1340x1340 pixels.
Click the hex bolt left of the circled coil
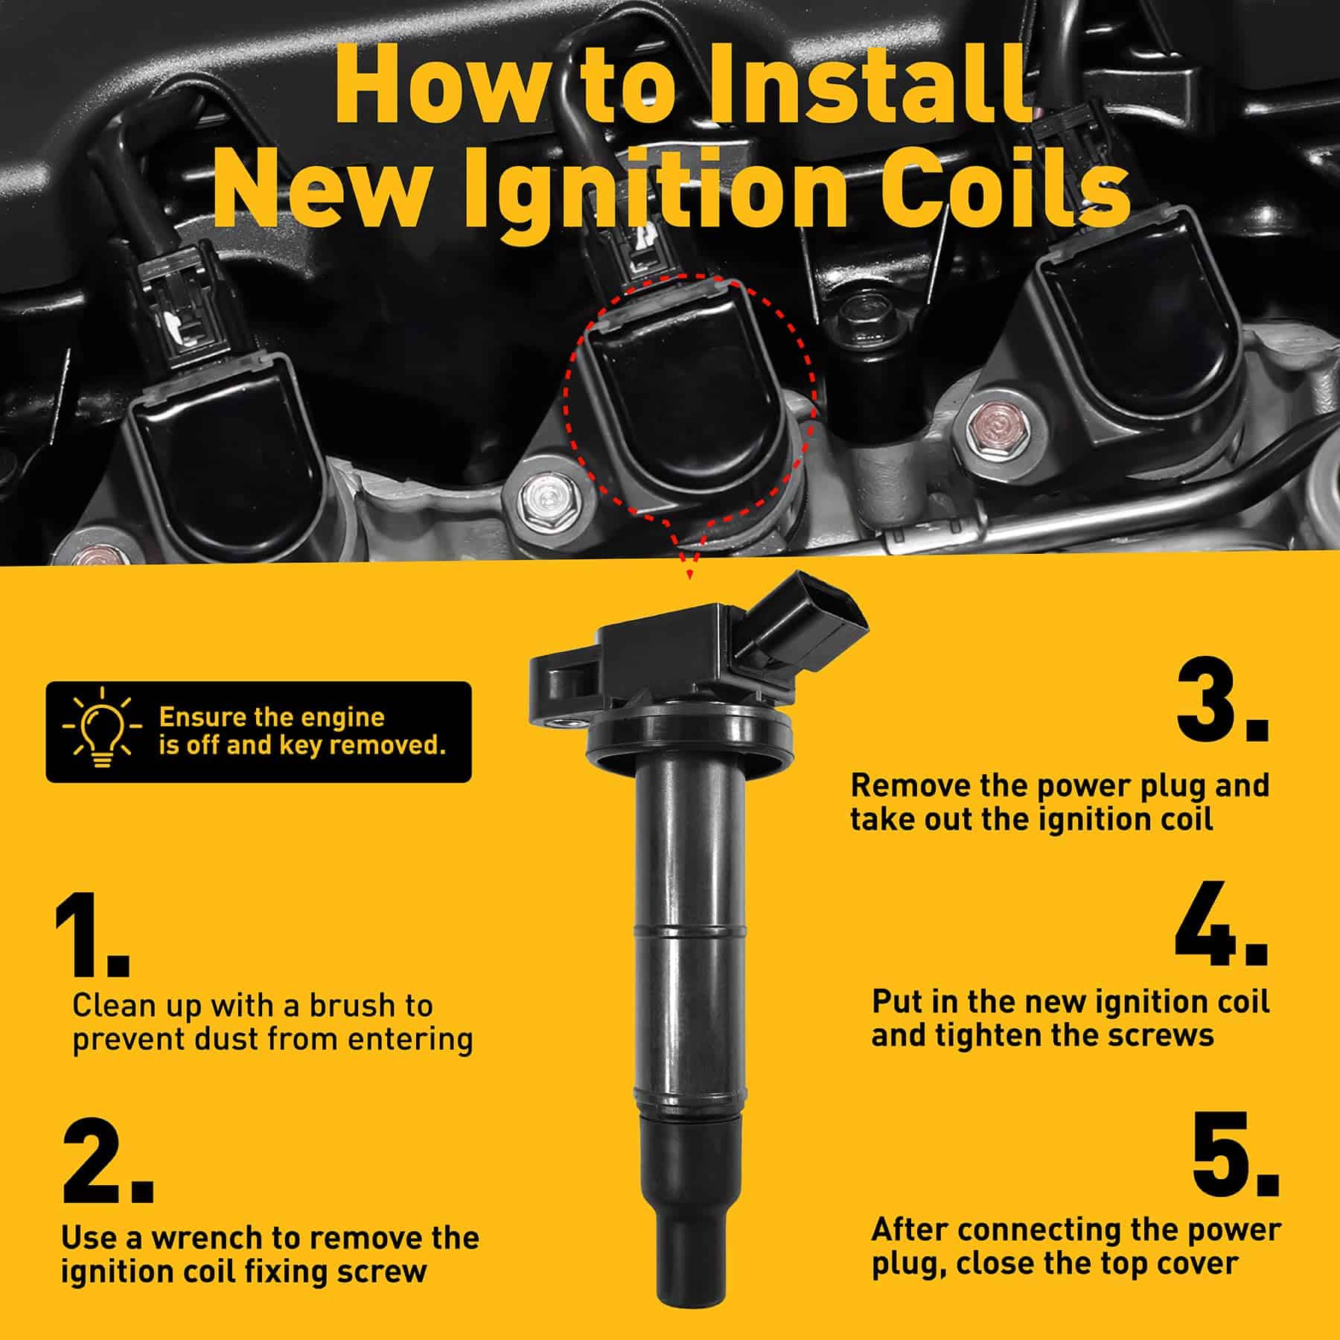[545, 497]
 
